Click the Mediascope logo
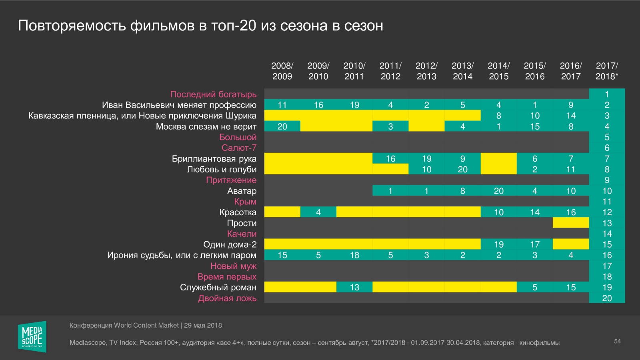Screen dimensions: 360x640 [32, 336]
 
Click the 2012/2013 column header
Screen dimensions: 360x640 [426, 71]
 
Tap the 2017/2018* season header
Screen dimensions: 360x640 [607, 71]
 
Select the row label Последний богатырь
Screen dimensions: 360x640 [213, 94]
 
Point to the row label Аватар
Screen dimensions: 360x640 [242, 191]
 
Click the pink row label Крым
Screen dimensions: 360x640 [245, 202]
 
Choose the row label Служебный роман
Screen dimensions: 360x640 [218, 288]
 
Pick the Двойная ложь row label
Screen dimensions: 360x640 [227, 298]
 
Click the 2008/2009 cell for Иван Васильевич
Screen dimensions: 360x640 [282, 105]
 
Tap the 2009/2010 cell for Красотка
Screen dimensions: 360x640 [318, 212]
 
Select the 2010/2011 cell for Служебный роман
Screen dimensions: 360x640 [354, 288]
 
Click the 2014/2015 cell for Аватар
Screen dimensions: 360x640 [498, 191]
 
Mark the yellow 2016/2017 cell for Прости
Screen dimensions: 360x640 [571, 223]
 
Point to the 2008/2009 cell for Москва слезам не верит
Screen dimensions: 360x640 [282, 126]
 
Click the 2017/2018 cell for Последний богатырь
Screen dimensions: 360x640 [607, 94]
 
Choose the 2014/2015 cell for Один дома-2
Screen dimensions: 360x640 [498, 244]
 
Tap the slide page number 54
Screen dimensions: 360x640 [617, 341]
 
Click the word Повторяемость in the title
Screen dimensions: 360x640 [72, 26]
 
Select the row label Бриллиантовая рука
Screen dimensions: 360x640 [214, 159]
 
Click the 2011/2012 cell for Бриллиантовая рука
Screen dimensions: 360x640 [390, 159]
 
